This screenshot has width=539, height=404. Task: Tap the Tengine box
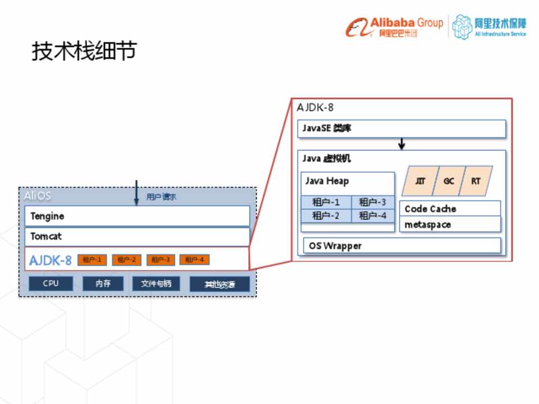137,216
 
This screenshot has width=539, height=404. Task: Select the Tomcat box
137,236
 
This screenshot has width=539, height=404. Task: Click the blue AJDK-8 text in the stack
51,260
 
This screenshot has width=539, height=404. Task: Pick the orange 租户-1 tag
92,260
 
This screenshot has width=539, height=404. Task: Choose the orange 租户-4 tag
194,260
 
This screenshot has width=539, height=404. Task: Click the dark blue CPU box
51,284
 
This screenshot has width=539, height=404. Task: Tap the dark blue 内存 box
103,284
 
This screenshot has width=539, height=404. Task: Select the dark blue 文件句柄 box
156,284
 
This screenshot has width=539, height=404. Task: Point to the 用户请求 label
161,197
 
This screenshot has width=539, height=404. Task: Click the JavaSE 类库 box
401,128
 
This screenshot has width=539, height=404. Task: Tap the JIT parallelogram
420,181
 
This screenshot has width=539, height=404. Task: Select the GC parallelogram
449,181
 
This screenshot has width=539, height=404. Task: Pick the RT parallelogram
476,181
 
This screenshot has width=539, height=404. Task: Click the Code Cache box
450,209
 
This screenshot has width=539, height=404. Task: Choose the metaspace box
450,224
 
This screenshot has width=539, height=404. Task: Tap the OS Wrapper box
401,246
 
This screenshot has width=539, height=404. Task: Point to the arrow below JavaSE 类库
401,144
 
